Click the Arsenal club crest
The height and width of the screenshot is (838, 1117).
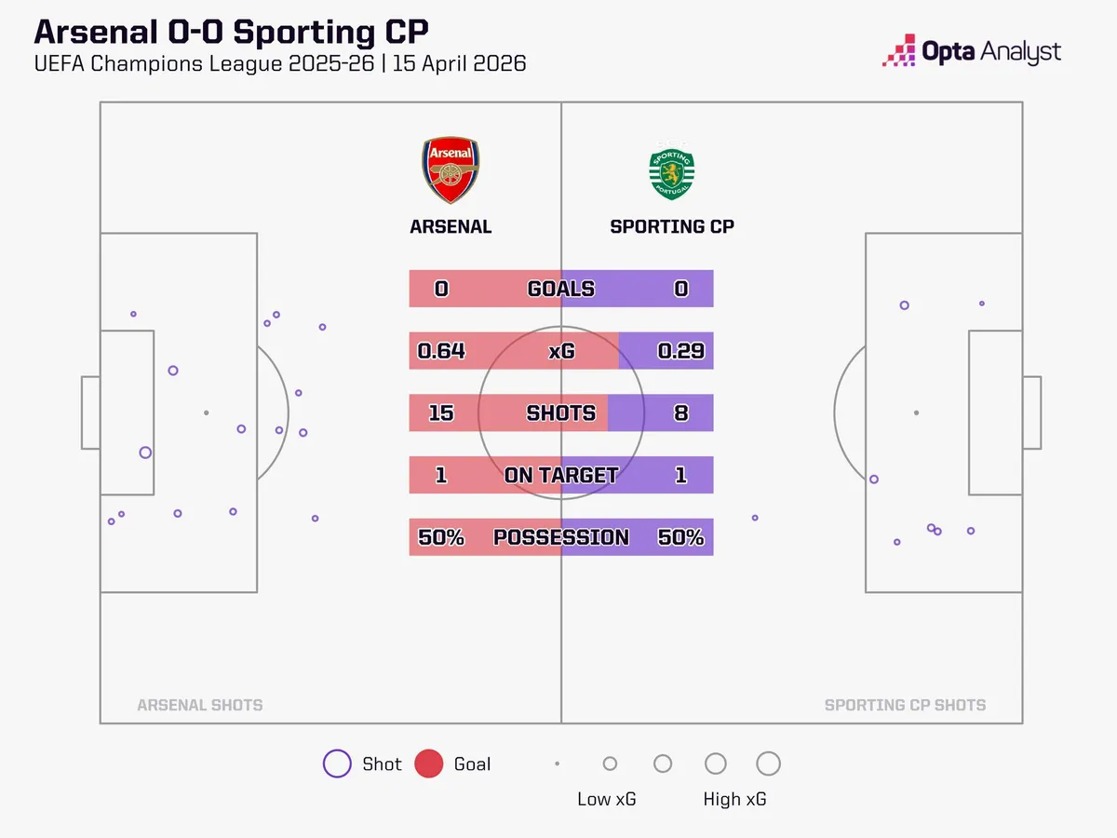[x=451, y=170]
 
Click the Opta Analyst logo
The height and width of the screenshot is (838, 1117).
[x=972, y=51]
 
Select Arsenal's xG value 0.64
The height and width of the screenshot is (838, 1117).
[x=441, y=351]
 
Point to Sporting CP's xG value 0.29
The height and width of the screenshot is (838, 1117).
[x=680, y=351]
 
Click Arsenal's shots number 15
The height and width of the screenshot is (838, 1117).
[x=441, y=412]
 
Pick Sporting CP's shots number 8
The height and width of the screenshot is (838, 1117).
[x=680, y=412]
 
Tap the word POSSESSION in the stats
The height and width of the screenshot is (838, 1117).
[x=561, y=537]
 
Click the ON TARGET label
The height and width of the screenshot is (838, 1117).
[x=561, y=475]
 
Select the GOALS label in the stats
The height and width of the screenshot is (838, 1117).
[x=561, y=289]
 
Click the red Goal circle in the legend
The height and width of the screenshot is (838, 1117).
[x=428, y=764]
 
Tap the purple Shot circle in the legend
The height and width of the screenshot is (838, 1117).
[x=336, y=764]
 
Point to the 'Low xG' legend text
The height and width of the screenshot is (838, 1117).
[x=607, y=799]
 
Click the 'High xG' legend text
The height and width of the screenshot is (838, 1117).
[x=735, y=799]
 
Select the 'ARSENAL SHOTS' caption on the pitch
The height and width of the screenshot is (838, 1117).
[x=199, y=705]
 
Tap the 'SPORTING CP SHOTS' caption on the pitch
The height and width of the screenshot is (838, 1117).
[x=905, y=705]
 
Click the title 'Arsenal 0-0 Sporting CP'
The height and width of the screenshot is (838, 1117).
[x=231, y=32]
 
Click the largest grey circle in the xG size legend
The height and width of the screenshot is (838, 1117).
[x=768, y=764]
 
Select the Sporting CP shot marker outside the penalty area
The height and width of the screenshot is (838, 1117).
[x=755, y=518]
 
